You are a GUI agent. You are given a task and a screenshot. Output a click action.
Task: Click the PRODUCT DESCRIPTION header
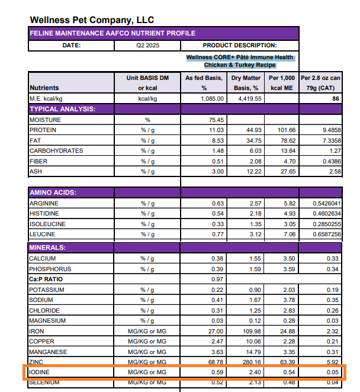coord(239,46)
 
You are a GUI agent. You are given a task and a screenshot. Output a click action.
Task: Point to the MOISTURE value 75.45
coord(215,120)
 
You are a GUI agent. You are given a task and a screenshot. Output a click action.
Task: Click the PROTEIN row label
coord(43,130)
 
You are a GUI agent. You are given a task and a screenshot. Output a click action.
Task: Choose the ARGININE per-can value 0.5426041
coord(324,203)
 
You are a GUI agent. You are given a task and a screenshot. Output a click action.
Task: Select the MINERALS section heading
coord(49,247)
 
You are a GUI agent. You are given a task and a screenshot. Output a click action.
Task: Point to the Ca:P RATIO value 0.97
coord(217,279)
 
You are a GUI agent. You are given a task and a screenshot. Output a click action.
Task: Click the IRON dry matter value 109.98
coord(250,331)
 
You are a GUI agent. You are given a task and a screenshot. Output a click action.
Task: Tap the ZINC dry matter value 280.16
coord(250,362)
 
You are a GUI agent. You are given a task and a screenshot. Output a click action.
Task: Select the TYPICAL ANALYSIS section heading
coord(62,109)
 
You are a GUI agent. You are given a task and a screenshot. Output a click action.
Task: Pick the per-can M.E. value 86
coord(335,99)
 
